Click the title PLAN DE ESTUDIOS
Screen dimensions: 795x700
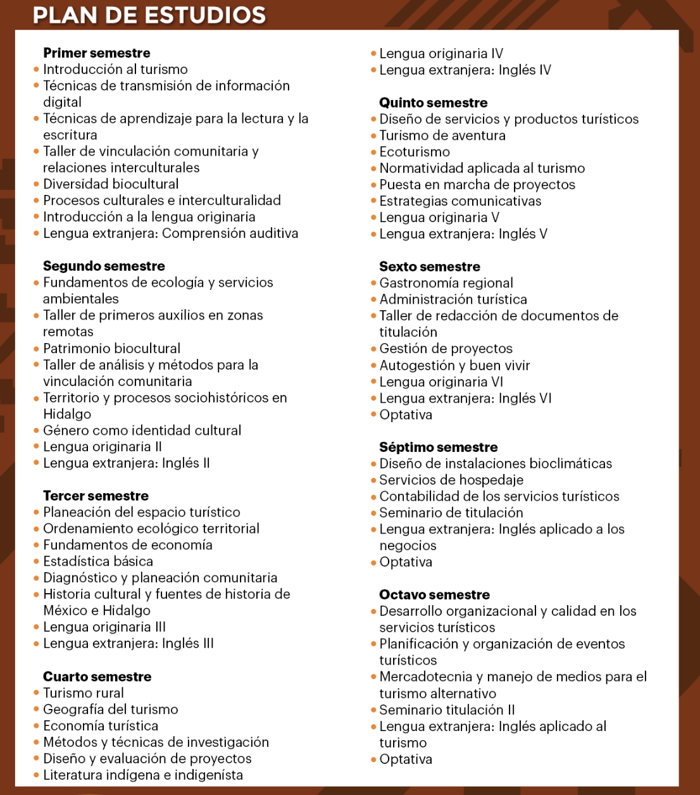[x=149, y=15]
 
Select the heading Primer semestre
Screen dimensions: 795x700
[x=97, y=53]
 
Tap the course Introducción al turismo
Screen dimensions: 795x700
[x=115, y=70]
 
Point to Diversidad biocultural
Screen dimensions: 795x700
[x=111, y=184]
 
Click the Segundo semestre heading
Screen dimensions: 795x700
[x=104, y=266]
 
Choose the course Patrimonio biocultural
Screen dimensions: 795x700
[x=111, y=349]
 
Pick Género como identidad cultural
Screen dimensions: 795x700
[x=142, y=431]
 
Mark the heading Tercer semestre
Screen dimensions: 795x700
[x=96, y=496]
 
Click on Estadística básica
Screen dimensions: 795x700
[x=98, y=561]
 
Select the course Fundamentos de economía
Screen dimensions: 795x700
[x=128, y=545]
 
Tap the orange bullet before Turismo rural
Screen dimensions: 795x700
[x=37, y=693]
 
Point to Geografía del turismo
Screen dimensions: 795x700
[x=111, y=710]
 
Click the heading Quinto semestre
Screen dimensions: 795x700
[x=434, y=103]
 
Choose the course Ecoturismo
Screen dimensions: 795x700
[x=415, y=152]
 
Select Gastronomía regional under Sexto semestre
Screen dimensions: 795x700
[x=446, y=283]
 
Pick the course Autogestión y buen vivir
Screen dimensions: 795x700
[x=454, y=365]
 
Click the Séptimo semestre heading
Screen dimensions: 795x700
[x=439, y=448]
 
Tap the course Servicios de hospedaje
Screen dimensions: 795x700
[x=451, y=480]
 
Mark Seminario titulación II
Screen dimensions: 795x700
[x=447, y=710]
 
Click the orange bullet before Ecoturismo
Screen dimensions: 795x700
[x=373, y=152]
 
